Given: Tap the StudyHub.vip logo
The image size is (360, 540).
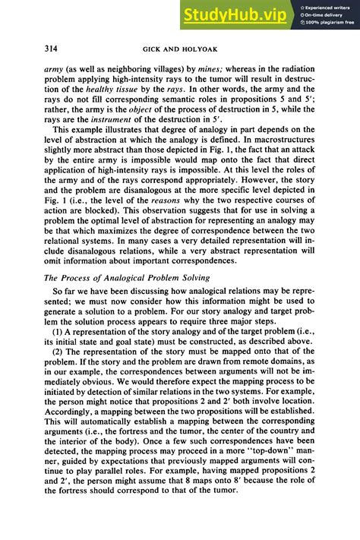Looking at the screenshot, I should pos(234,14).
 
